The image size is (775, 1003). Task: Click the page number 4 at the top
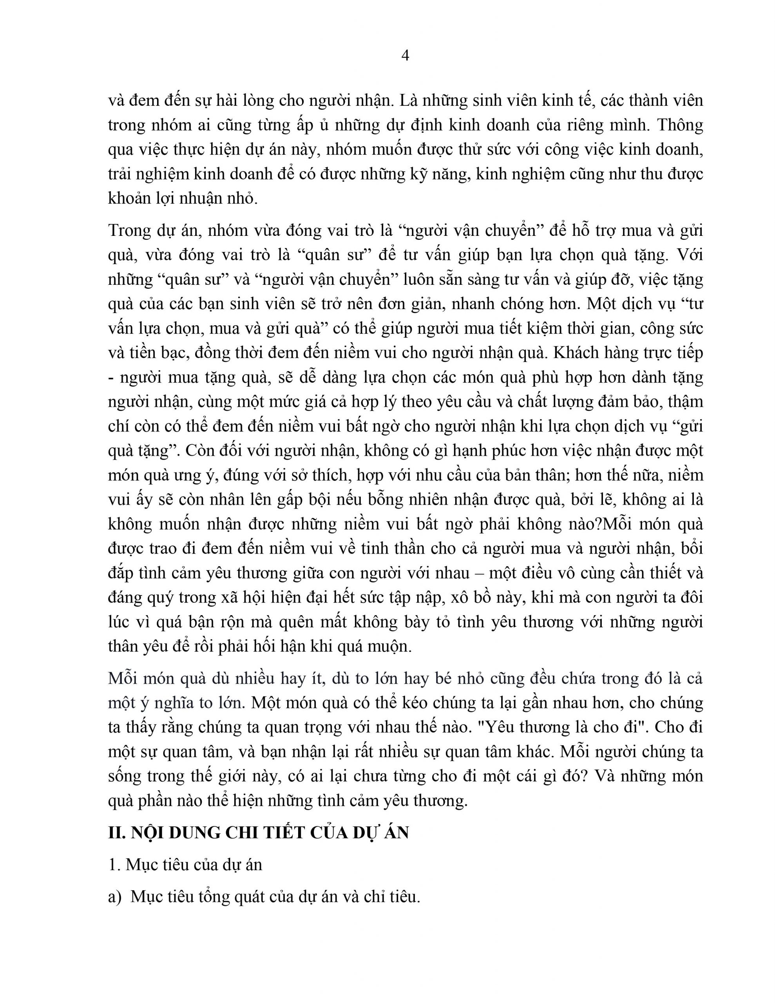click(405, 56)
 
